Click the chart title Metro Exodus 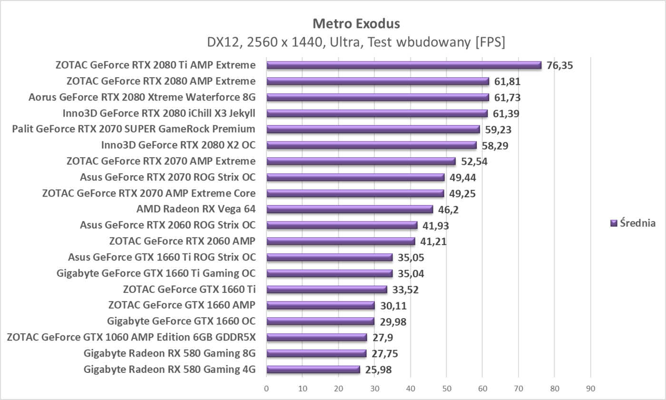point(356,23)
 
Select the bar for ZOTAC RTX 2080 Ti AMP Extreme point(403,65)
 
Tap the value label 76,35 point(559,65)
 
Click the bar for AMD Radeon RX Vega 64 point(350,209)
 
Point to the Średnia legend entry point(633,223)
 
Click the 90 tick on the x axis point(590,388)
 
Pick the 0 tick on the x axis point(266,388)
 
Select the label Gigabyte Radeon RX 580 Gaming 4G point(169,369)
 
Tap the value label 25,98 point(378,370)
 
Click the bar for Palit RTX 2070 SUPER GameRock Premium point(373,129)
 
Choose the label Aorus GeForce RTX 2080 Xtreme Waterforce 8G point(142,97)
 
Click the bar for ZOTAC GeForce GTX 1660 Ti point(327,289)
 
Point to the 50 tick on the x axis point(446,388)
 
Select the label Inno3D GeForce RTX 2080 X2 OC point(178,145)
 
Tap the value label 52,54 point(474,161)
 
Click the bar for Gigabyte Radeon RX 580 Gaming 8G point(316,353)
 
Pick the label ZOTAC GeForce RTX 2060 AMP point(182,241)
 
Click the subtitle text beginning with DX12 point(356,42)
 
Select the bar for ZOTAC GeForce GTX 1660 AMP point(321,305)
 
